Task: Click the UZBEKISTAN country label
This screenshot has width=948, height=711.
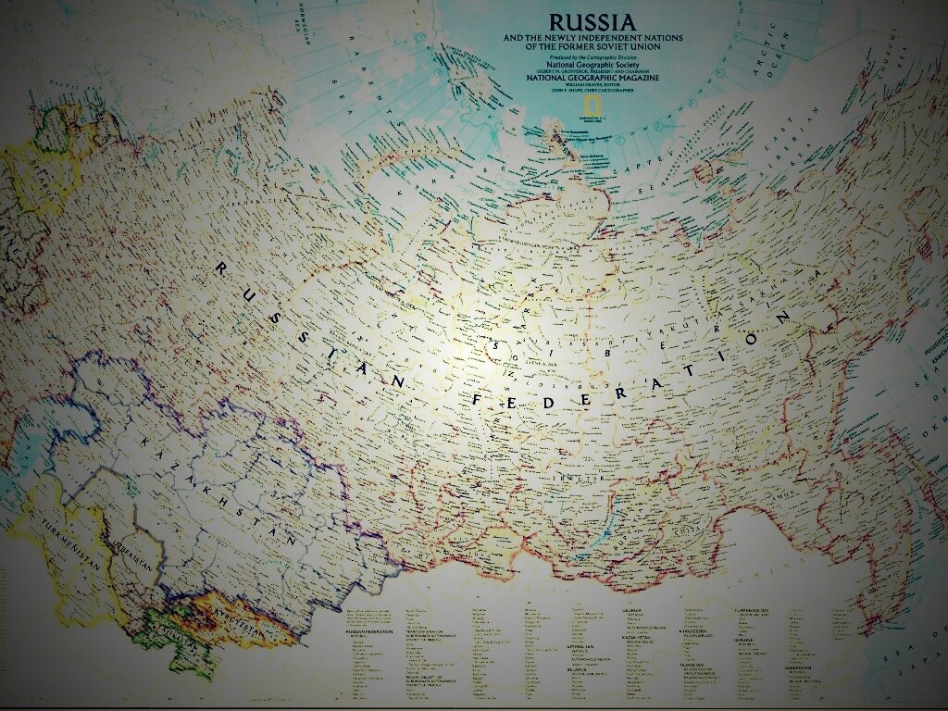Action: tap(125, 555)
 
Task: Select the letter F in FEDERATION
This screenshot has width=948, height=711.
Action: tap(478, 399)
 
